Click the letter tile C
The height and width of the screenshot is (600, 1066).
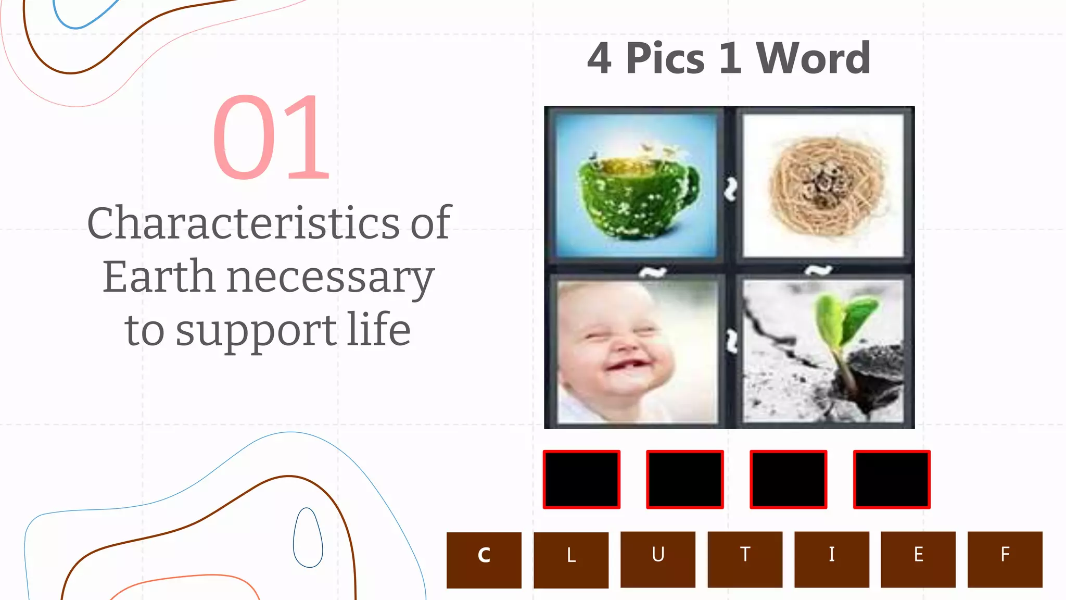tap(484, 560)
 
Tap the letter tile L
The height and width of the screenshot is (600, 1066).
tap(571, 560)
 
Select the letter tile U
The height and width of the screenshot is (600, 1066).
tap(658, 559)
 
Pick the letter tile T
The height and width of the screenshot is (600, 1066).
tap(745, 559)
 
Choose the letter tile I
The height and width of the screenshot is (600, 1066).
tap(832, 559)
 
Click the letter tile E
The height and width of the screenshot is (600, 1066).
tap(918, 559)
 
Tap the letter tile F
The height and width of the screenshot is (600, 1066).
tap(1005, 559)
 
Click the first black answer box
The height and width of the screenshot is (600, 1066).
tap(581, 479)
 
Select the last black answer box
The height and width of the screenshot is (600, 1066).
tap(892, 479)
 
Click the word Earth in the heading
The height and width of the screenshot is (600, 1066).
tap(159, 277)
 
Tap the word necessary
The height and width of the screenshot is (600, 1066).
tap(331, 278)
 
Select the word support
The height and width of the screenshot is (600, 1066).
tap(256, 331)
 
